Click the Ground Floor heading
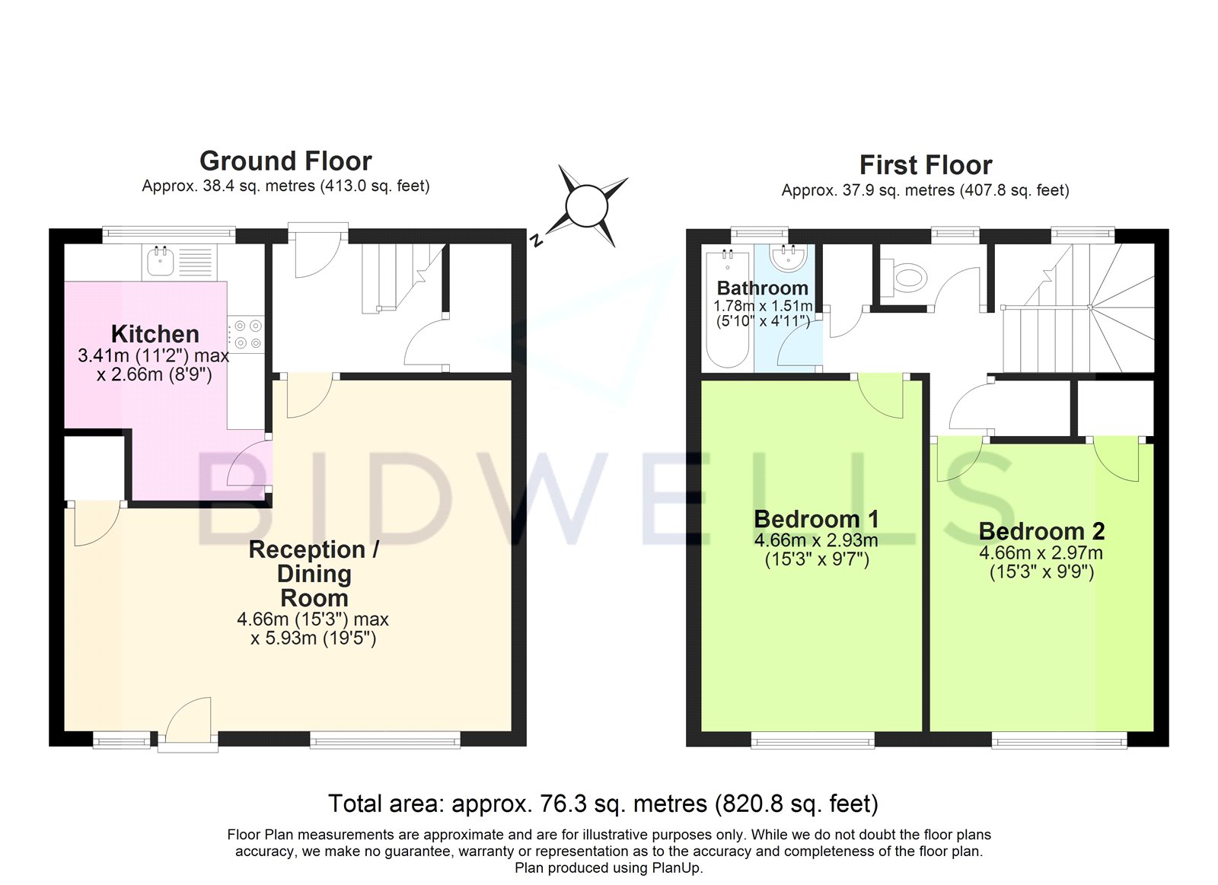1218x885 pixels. (285, 161)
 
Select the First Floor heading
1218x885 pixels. (926, 165)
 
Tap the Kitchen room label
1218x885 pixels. (155, 334)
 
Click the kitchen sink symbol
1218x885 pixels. (161, 262)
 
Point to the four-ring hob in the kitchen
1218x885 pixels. (246, 334)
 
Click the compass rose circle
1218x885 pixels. (586, 206)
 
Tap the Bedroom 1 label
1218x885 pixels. (816, 519)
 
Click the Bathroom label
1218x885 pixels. (762, 288)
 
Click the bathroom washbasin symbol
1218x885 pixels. (787, 258)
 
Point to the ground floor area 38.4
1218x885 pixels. (220, 186)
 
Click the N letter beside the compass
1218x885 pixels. (536, 240)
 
